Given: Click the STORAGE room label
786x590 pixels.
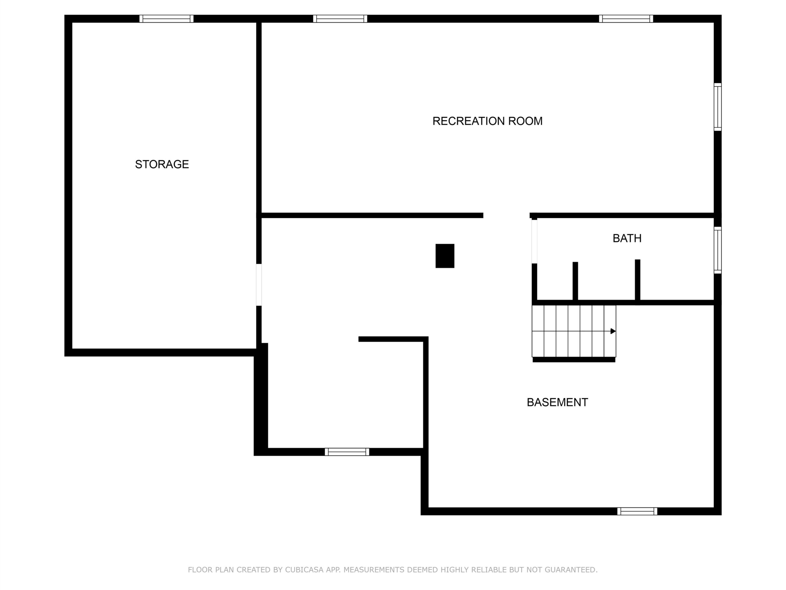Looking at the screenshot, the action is (x=162, y=164).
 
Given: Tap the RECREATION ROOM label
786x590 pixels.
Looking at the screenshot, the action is (x=487, y=121).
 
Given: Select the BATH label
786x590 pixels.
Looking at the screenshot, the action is (x=627, y=238).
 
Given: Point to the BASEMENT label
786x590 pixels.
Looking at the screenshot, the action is (x=557, y=402).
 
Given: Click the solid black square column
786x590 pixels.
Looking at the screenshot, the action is (x=445, y=256).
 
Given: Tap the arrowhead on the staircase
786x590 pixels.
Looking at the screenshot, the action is (x=613, y=331).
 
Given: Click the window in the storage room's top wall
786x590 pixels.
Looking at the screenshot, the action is (x=166, y=18).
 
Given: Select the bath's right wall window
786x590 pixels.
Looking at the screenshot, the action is (x=718, y=250).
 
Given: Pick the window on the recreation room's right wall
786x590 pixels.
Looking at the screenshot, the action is (x=718, y=107).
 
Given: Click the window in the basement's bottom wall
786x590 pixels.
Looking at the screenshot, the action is (x=637, y=511).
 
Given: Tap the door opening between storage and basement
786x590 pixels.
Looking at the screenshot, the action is (x=259, y=285).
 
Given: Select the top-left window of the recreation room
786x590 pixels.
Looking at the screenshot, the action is (x=340, y=18).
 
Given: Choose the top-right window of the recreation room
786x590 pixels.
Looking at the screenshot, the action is (x=626, y=18).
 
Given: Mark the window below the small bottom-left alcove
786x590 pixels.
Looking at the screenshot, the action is (x=347, y=452).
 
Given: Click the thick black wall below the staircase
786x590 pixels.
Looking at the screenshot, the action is (x=574, y=360).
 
